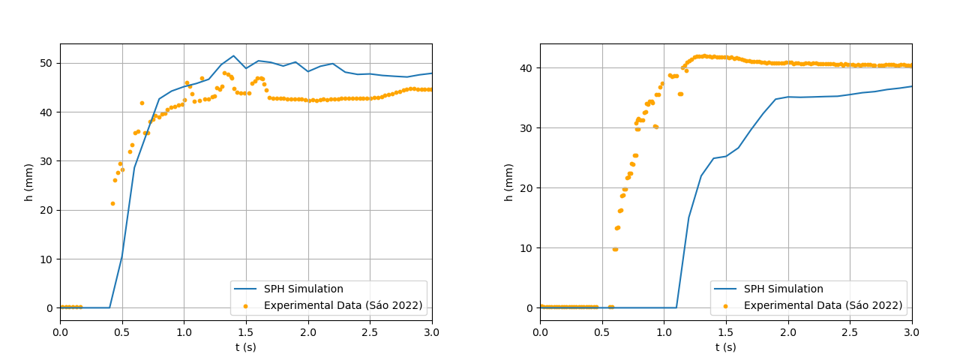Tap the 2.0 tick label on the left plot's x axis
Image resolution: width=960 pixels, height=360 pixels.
coord(308,332)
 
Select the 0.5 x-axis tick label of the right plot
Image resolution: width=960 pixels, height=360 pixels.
coord(602,332)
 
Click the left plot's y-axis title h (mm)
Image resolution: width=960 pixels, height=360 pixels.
coord(29,182)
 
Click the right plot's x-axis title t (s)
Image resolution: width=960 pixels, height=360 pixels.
coord(726,347)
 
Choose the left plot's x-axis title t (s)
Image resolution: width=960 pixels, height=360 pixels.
coord(246,347)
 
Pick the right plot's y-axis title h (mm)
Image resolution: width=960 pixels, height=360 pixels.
coord(509,182)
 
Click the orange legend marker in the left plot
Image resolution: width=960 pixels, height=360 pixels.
coord(245,306)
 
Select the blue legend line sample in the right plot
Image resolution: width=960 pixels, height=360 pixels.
coord(725,289)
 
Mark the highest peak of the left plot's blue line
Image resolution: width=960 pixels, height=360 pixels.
coord(234,55)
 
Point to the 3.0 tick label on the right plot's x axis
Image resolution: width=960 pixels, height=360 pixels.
coord(912,332)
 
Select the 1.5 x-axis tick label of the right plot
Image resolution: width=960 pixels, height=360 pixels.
coord(726,332)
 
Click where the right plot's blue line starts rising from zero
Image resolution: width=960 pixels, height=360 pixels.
coord(676,307)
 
